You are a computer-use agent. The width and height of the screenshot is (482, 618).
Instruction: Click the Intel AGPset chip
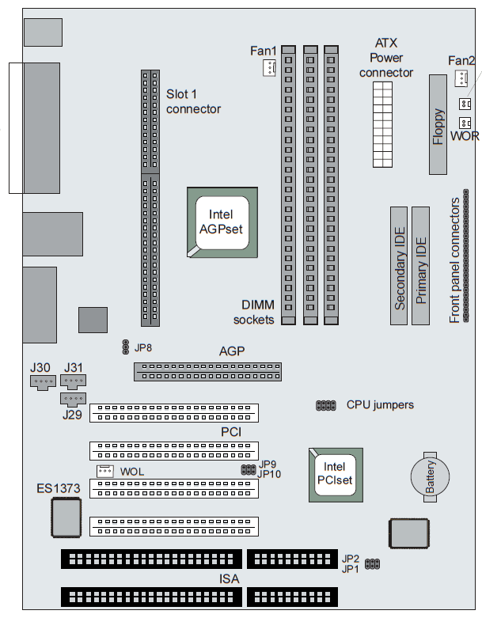tap(222, 222)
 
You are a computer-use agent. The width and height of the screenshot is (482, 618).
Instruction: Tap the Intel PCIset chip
tap(336, 474)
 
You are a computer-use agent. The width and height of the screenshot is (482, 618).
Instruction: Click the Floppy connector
tap(438, 124)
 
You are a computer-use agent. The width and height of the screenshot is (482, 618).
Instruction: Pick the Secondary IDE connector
tap(398, 267)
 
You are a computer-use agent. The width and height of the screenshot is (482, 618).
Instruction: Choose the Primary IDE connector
tap(420, 267)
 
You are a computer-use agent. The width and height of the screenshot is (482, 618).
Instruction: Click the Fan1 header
tap(269, 70)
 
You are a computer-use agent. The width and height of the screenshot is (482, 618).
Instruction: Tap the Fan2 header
tap(461, 78)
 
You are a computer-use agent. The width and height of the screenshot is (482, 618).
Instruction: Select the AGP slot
tap(207, 371)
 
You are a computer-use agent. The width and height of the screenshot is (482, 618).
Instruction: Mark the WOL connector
tap(104, 472)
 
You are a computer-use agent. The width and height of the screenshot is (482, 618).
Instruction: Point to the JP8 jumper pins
tap(125, 347)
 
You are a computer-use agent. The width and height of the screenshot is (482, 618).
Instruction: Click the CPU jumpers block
tap(325, 405)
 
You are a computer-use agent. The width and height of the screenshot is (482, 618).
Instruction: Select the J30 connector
tap(42, 383)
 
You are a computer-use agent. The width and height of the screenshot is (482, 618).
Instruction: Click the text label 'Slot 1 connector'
tap(193, 100)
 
